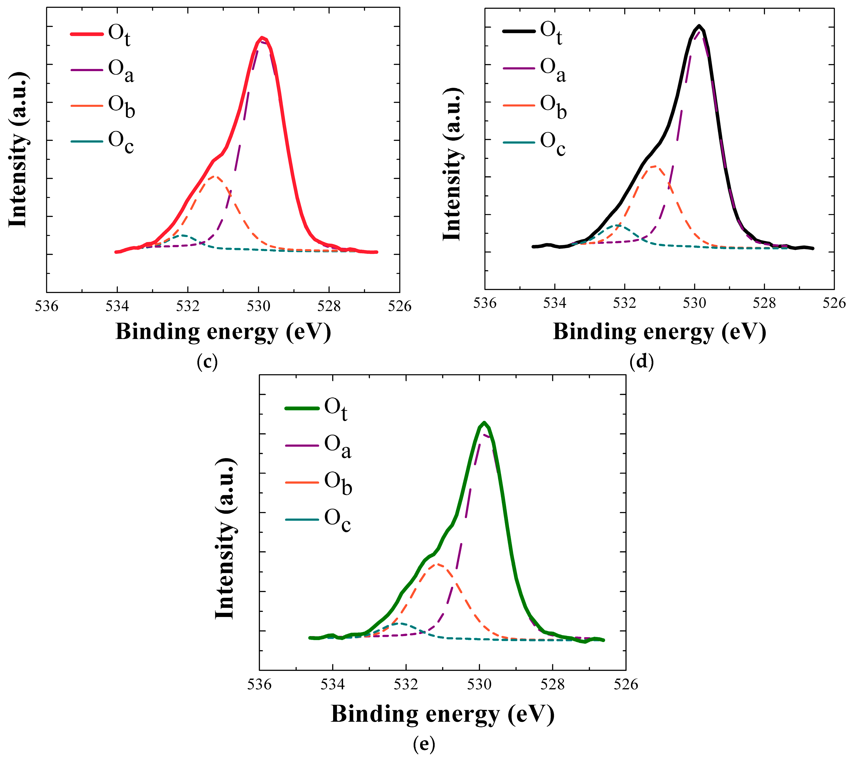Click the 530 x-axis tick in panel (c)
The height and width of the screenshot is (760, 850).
(x=259, y=306)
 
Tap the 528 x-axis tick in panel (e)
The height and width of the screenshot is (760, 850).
(x=552, y=685)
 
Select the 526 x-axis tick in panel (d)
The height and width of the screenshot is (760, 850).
(x=834, y=303)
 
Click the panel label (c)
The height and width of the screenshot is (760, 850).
(x=207, y=362)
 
